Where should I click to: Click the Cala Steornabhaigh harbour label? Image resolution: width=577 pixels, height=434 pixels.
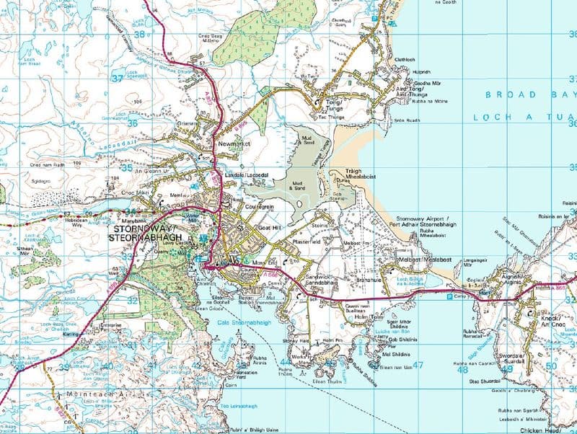[244, 322]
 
